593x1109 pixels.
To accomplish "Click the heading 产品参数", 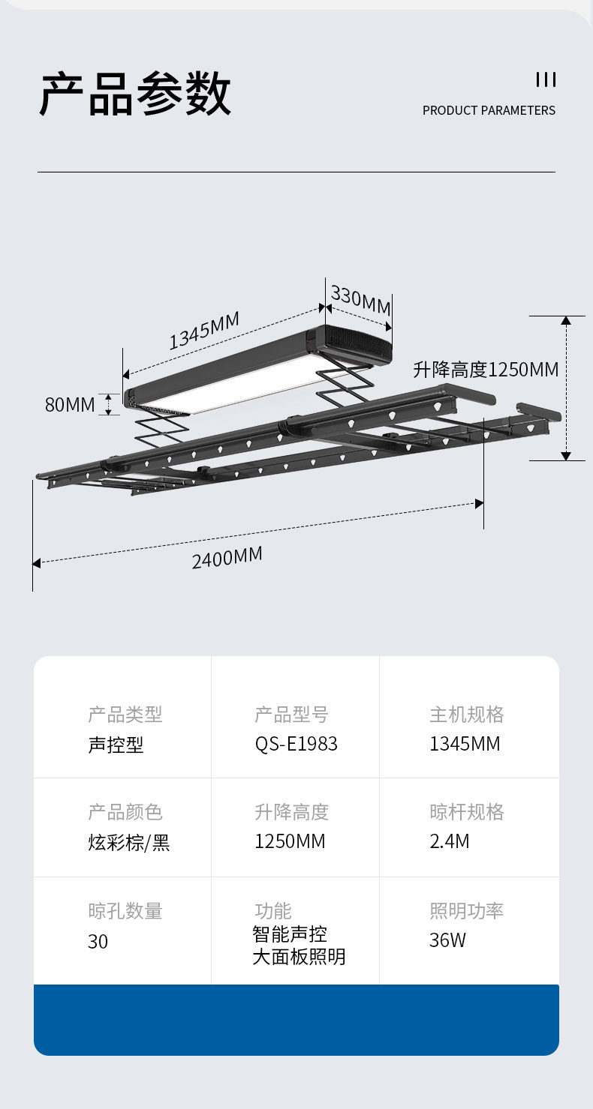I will click(x=135, y=94).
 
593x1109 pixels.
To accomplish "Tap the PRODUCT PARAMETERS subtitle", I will click(x=489, y=110).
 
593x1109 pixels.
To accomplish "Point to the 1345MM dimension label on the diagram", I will click(x=203, y=331).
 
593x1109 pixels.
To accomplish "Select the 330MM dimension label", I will click(x=360, y=300).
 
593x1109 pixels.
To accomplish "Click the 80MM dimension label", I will click(x=70, y=405).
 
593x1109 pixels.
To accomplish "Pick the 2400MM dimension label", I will click(x=227, y=557).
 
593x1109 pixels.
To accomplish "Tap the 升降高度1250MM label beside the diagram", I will click(x=486, y=370).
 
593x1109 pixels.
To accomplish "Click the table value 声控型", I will click(x=116, y=745).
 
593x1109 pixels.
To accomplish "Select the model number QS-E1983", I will click(x=296, y=744).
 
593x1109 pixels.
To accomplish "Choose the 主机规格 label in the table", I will click(x=466, y=715).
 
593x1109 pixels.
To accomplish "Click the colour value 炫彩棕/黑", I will click(x=129, y=842).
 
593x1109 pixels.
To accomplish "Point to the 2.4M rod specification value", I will click(x=449, y=841).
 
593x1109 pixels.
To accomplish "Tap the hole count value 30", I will click(x=98, y=942).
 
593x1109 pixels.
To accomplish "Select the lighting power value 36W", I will click(x=447, y=940).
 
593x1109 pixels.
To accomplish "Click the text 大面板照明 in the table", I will click(x=299, y=957).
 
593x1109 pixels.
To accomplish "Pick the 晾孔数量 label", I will click(x=125, y=911).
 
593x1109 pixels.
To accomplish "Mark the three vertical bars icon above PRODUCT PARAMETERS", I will click(x=546, y=79).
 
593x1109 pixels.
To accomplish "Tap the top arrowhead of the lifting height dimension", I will click(x=567, y=320).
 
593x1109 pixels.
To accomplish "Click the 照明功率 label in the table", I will click(x=466, y=911).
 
